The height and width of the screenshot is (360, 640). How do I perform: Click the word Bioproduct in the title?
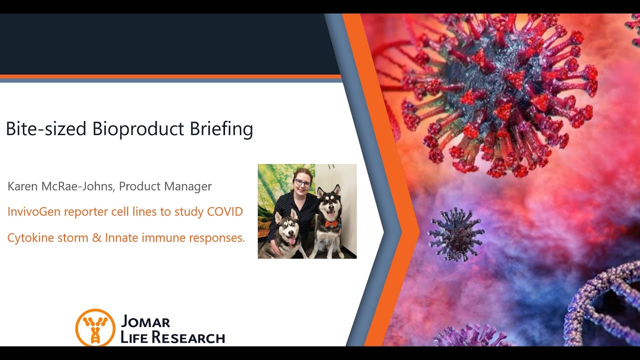138,129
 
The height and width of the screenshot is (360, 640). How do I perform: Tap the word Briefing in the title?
221,129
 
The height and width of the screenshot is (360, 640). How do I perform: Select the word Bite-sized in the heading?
46,128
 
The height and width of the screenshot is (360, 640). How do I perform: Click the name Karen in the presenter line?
22,186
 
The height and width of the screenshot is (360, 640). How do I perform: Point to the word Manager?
188,186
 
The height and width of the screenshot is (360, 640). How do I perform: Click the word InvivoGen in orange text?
34,211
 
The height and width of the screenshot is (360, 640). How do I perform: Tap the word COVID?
225,211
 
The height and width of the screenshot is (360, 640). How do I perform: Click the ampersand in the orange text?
97,237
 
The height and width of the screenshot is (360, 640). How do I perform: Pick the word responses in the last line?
217,237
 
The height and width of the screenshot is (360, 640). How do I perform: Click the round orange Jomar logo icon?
95,327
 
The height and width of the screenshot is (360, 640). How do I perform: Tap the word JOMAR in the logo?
145,321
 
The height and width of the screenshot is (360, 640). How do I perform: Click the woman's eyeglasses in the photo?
302,182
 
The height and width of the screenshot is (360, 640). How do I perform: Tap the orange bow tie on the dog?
331,223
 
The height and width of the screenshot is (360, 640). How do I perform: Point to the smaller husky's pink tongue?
291,241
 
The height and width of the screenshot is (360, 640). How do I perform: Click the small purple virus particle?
455,234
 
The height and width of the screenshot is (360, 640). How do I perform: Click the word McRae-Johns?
77,186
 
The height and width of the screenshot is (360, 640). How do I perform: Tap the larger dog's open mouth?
331,214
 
